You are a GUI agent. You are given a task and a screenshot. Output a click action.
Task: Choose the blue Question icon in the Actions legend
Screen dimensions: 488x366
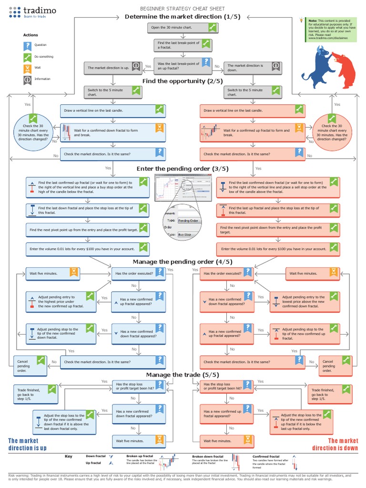click(28, 46)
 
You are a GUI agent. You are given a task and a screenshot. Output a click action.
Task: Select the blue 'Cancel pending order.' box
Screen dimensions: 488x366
click(30, 366)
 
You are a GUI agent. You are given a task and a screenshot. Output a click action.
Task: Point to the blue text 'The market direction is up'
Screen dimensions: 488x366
click(27, 444)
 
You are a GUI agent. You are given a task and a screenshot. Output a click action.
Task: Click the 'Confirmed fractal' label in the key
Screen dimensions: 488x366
click(266, 456)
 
